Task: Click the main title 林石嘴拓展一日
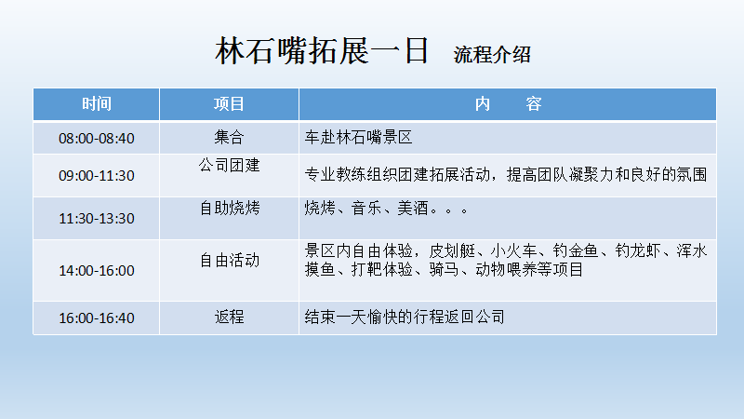pyautogui.click(x=322, y=50)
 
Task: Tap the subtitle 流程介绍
pyautogui.click(x=492, y=55)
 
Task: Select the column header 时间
pyautogui.click(x=97, y=103)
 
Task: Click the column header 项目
pyautogui.click(x=229, y=103)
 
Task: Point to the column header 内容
pyautogui.click(x=508, y=103)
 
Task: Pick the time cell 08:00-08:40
pyautogui.click(x=97, y=138)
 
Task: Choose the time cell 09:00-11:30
pyautogui.click(x=97, y=175)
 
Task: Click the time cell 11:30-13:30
pyautogui.click(x=97, y=218)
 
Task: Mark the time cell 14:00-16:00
pyautogui.click(x=97, y=270)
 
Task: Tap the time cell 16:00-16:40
pyautogui.click(x=97, y=318)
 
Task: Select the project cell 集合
pyautogui.click(x=229, y=137)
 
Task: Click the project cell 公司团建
pyautogui.click(x=229, y=165)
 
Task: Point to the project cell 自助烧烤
pyautogui.click(x=229, y=208)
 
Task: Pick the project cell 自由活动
pyautogui.click(x=229, y=260)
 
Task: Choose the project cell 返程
pyautogui.click(x=229, y=317)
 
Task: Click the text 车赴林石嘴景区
pyautogui.click(x=358, y=137)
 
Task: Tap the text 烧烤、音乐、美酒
pyautogui.click(x=365, y=208)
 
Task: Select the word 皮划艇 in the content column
pyautogui.click(x=452, y=250)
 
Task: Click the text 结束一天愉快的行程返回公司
pyautogui.click(x=405, y=317)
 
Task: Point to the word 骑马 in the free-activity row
pyautogui.click(x=444, y=269)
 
